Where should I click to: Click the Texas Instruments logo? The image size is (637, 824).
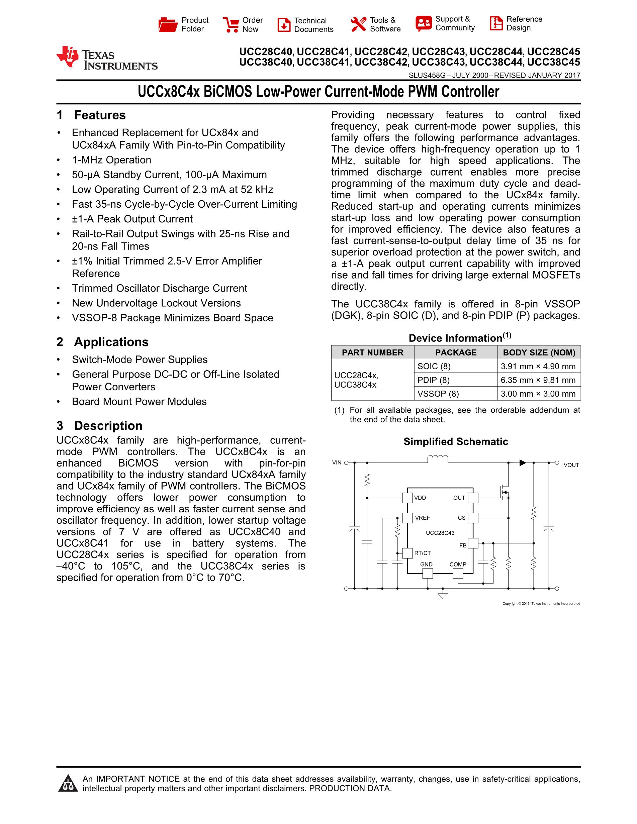106,59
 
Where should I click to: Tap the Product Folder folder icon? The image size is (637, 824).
168,24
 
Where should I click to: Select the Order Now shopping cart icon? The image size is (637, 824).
231,24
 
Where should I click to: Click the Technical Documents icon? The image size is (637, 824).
284,25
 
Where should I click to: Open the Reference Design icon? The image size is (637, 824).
496,23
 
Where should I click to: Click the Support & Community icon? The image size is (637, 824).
424,23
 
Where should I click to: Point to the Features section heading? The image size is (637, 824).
100,115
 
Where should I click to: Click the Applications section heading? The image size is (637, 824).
111,342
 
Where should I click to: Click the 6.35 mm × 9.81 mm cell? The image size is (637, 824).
538,380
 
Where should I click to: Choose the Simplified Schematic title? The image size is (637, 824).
455,441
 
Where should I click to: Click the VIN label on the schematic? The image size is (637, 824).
337,462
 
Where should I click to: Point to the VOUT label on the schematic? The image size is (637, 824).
571,465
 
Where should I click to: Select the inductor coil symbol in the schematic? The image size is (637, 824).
437,459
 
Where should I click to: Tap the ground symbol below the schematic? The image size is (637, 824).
443,596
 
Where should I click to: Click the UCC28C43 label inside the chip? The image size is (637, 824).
440,533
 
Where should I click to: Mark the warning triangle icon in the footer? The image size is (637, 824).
68,784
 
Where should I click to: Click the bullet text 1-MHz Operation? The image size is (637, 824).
112,160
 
